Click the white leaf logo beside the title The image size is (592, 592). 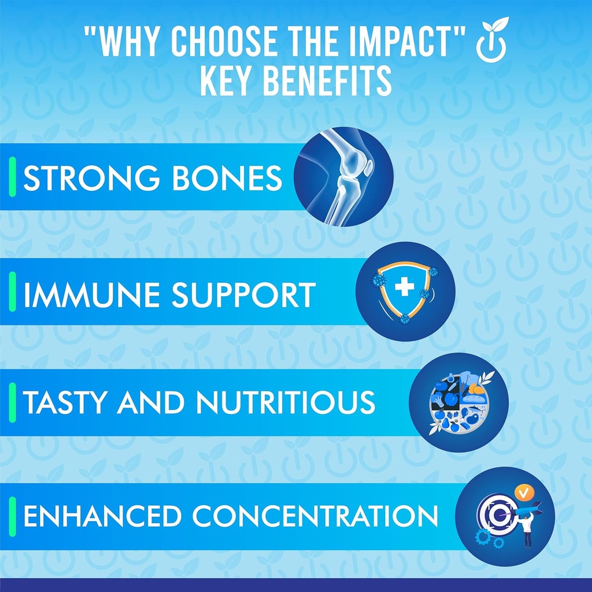pyautogui.click(x=491, y=40)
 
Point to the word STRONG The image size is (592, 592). pyautogui.click(x=91, y=178)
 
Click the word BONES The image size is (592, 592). pyautogui.click(x=227, y=178)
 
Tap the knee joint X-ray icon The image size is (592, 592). pyautogui.click(x=343, y=177)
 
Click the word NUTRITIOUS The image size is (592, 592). pyautogui.click(x=286, y=402)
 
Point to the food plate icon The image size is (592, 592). pyautogui.click(x=458, y=402)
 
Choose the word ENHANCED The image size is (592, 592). pyautogui.click(x=102, y=516)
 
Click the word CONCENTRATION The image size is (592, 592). pyautogui.click(x=315, y=516)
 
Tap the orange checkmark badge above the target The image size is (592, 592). pyautogui.click(x=524, y=493)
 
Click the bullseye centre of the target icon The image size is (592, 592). pyautogui.click(x=499, y=514)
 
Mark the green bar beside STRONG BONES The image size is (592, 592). pyautogui.click(x=13, y=177)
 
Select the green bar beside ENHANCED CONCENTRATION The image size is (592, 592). pyautogui.click(x=13, y=516)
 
